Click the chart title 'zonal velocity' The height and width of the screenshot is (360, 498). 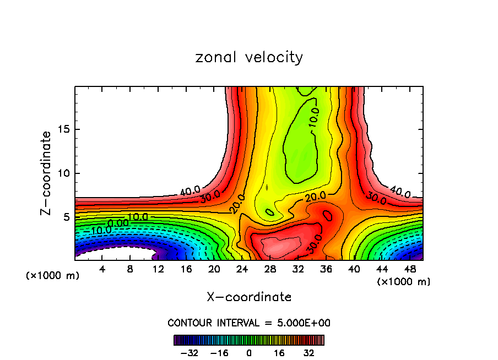point(249,57)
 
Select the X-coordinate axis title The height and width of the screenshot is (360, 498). point(249,297)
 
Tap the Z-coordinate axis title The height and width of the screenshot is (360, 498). point(46,173)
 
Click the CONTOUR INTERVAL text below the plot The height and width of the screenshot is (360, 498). point(249,323)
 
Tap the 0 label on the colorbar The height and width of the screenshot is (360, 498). point(249,353)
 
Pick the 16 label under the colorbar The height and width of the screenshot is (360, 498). point(279,353)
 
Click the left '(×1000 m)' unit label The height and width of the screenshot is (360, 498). point(52,276)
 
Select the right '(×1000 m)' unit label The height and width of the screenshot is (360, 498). point(404,282)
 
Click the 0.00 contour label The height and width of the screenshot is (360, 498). point(118,223)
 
